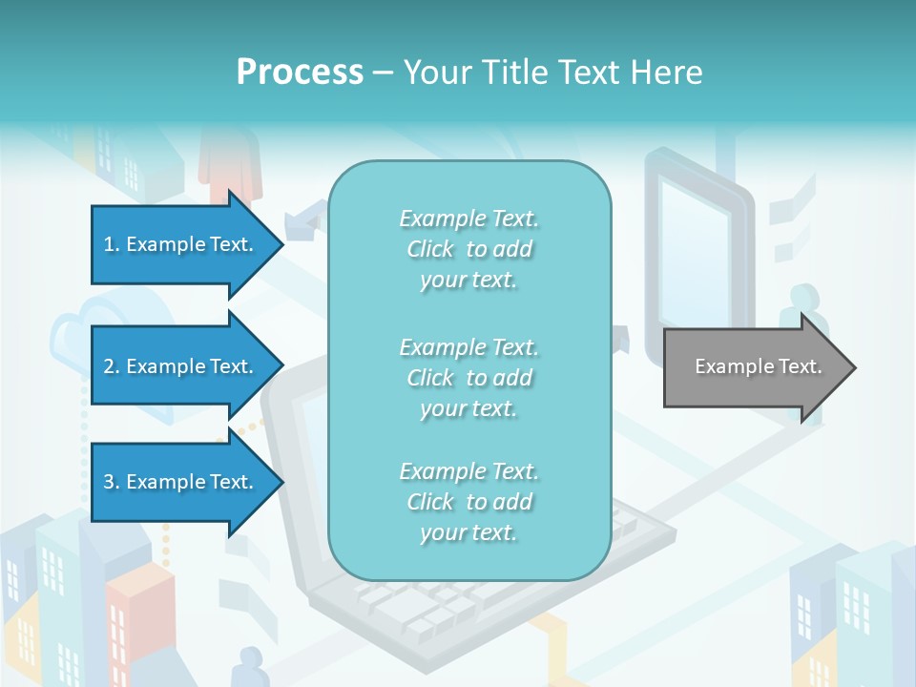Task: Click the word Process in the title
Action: (300, 73)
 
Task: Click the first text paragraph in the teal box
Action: (468, 249)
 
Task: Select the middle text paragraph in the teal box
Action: (468, 378)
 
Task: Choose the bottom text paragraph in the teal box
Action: (468, 502)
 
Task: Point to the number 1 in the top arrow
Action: (109, 244)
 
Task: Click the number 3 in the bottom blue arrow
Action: (109, 482)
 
